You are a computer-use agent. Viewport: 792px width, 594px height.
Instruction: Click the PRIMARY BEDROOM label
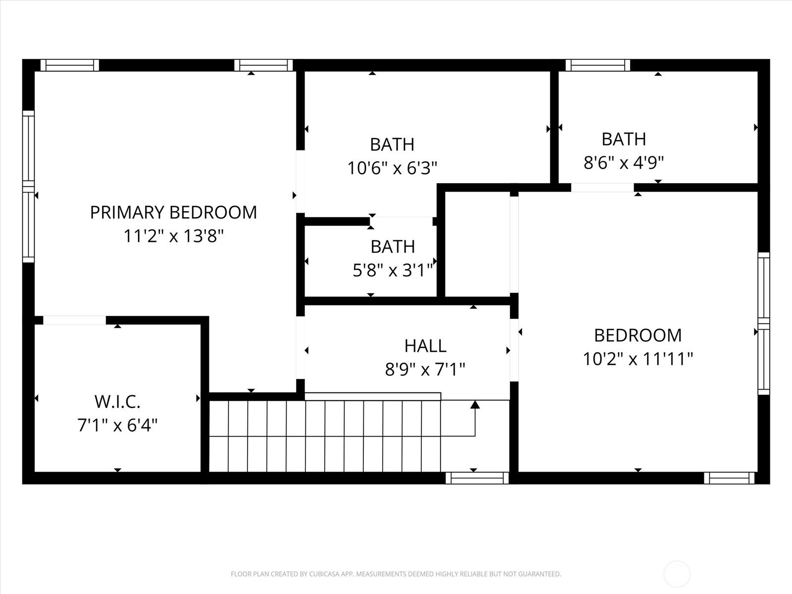tap(173, 212)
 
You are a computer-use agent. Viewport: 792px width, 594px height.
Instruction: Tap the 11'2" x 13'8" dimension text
tap(174, 236)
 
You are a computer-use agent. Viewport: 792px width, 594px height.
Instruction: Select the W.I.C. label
tap(117, 402)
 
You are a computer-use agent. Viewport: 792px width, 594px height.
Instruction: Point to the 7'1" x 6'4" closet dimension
tap(118, 426)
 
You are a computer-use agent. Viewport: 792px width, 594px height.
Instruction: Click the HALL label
tap(425, 346)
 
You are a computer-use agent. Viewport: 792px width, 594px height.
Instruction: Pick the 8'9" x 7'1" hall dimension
tap(425, 370)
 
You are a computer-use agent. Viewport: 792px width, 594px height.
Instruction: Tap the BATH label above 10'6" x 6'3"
tap(392, 145)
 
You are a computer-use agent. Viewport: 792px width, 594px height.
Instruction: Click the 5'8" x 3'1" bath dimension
tap(393, 270)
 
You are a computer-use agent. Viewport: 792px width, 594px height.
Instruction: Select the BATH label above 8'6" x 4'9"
tap(624, 139)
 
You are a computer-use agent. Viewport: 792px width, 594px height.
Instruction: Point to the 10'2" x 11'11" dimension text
tap(638, 359)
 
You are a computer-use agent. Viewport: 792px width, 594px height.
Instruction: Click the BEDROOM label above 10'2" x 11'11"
tap(638, 336)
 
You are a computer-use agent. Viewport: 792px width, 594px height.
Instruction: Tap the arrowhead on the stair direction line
tap(475, 404)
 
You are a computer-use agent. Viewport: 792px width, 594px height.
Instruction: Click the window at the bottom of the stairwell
tap(477, 478)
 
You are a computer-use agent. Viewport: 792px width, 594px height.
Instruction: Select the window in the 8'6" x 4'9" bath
tap(597, 65)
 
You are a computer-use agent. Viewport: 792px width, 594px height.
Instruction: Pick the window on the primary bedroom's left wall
tap(29, 187)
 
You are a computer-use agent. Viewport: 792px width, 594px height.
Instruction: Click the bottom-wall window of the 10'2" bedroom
tap(729, 478)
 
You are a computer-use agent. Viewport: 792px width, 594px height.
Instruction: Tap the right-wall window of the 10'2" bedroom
tap(763, 324)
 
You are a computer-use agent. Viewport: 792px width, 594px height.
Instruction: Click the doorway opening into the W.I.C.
tap(75, 320)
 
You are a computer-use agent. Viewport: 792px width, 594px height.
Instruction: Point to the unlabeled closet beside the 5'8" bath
tap(477, 244)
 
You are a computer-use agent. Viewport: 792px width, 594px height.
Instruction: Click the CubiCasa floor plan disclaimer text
tap(396, 574)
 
